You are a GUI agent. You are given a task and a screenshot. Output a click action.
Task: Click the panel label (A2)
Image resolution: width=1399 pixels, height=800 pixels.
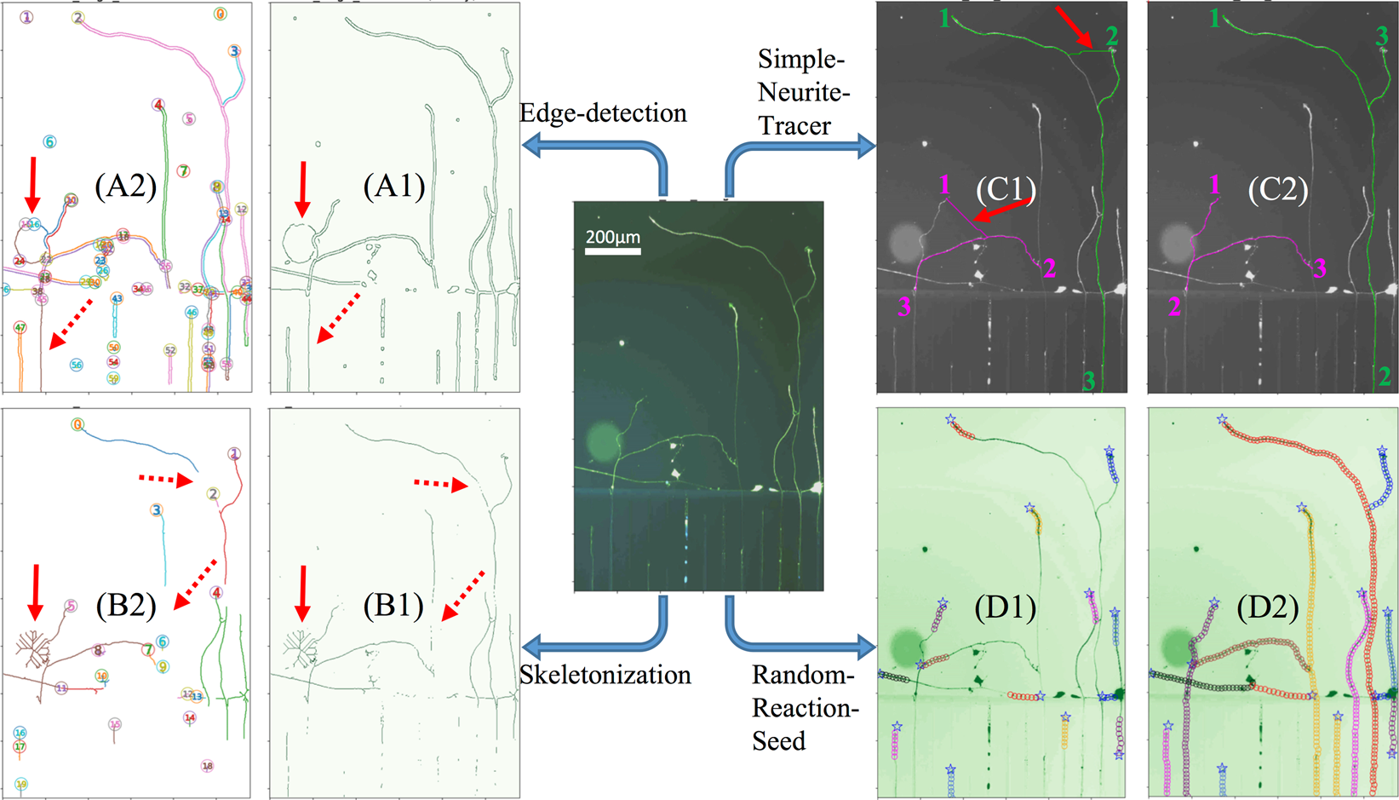[x=125, y=186]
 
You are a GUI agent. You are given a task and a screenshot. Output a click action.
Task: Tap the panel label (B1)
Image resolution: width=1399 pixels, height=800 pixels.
[x=393, y=605]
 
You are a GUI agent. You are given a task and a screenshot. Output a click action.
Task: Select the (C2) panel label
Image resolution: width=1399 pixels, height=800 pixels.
[x=1277, y=189]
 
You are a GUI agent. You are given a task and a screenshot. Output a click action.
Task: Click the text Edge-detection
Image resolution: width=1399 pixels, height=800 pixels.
[x=603, y=112]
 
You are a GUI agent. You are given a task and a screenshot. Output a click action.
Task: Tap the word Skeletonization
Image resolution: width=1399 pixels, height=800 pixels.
[x=605, y=675]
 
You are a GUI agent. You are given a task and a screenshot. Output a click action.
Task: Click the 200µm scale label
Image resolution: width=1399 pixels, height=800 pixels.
[x=612, y=237]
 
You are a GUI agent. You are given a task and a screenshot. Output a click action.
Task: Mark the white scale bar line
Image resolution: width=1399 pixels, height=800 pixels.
[x=612, y=250]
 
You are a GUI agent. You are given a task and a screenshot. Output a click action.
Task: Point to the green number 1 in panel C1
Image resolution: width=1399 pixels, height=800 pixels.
[x=944, y=17]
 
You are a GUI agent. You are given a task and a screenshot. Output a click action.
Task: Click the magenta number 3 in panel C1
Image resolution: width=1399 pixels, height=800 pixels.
[x=903, y=306]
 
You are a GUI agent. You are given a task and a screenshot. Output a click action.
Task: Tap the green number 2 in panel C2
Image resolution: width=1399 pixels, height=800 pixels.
[x=1385, y=375]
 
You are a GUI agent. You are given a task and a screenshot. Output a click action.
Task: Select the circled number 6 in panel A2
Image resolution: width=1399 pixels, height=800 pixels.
[x=49, y=142]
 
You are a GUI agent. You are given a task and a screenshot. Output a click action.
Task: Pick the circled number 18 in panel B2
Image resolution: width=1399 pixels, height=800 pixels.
[x=207, y=766]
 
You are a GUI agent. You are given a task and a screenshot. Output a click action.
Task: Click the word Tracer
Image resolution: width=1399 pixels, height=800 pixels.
[x=794, y=125]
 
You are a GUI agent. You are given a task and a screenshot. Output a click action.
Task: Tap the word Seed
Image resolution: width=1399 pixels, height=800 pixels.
[x=778, y=740]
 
